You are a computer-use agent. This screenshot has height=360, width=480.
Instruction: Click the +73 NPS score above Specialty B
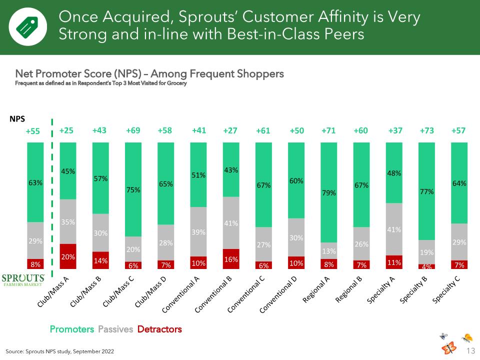426,130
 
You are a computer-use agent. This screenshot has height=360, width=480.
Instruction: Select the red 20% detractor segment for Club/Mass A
68,256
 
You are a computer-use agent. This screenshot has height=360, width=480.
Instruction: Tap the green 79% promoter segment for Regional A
329,192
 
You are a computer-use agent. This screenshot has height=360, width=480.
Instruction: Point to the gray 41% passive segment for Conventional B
231,223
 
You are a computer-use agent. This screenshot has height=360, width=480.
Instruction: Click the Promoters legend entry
72,329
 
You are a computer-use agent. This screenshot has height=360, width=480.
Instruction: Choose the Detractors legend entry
159,329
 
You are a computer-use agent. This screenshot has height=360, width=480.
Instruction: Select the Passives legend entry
115,329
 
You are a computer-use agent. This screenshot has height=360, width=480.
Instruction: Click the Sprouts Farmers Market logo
23,280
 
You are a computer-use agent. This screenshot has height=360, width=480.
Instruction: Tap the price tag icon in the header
27,27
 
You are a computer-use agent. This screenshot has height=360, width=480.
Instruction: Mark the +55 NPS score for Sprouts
33,131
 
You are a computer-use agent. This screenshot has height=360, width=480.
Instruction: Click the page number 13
471,350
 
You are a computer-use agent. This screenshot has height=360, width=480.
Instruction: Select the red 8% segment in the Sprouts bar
35,264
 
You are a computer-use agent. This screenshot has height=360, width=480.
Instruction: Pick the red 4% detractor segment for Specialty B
426,266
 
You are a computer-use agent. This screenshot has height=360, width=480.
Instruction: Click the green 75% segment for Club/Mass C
133,189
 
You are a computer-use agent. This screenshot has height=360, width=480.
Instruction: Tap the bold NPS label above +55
17,119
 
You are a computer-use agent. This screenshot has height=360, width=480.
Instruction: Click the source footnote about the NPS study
59,351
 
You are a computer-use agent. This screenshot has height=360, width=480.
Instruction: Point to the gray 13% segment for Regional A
329,250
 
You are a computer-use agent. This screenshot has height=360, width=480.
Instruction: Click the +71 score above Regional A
328,130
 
